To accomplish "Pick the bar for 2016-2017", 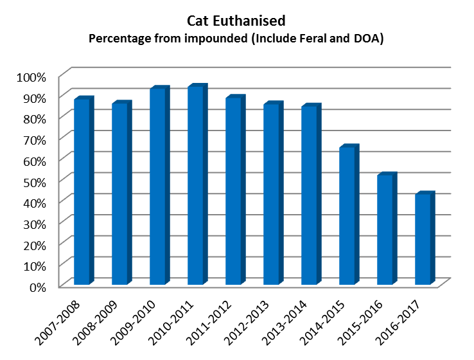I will click(423, 239).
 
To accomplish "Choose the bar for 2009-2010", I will click(158, 186).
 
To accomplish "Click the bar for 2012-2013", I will click(271, 194).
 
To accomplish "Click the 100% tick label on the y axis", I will click(31, 78).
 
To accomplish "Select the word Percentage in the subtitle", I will click(119, 39).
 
